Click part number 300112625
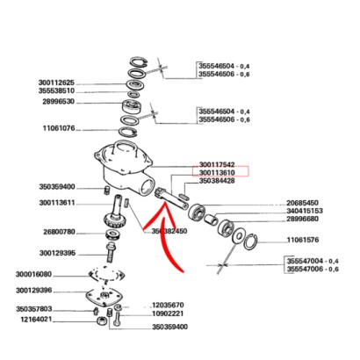tap(56, 83)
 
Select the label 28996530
tap(58, 102)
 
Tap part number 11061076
tap(59, 128)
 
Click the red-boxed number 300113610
tap(217, 173)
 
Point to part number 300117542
tap(217, 165)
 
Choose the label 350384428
tap(217, 181)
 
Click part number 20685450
tap(302, 203)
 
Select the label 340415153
tap(305, 211)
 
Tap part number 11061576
tap(303, 240)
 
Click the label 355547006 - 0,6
tap(313, 269)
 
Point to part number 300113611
tap(57, 203)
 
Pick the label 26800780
tap(59, 232)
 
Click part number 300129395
tap(57, 253)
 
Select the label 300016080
tap(33, 275)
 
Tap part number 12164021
tap(36, 320)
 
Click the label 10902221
tap(168, 313)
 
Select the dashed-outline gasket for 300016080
tap(107, 275)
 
